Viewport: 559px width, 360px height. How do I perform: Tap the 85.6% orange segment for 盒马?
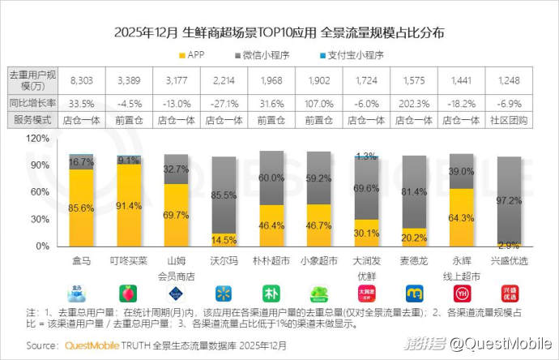click(x=81, y=208)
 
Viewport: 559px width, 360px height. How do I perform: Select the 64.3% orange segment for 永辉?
click(x=461, y=217)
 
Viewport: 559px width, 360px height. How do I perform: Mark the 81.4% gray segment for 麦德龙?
click(x=414, y=191)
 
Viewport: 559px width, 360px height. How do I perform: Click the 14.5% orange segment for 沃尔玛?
click(x=224, y=240)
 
